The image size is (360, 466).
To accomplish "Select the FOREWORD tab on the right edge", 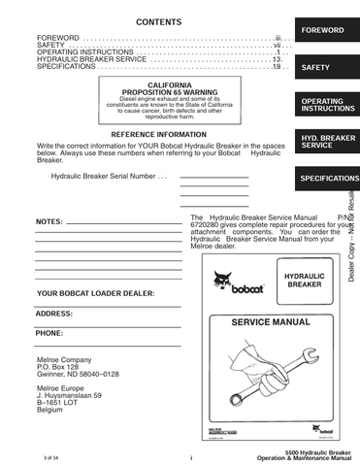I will click(322, 31).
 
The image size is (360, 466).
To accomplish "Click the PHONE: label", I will click(49, 333).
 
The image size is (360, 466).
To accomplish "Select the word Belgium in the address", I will click(51, 411).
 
